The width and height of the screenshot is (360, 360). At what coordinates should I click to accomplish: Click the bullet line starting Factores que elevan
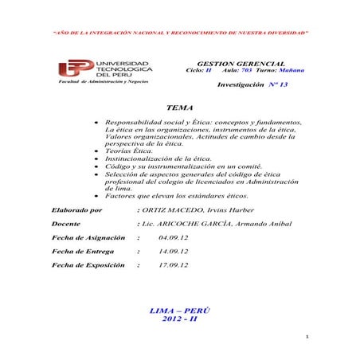click(x=170, y=195)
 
